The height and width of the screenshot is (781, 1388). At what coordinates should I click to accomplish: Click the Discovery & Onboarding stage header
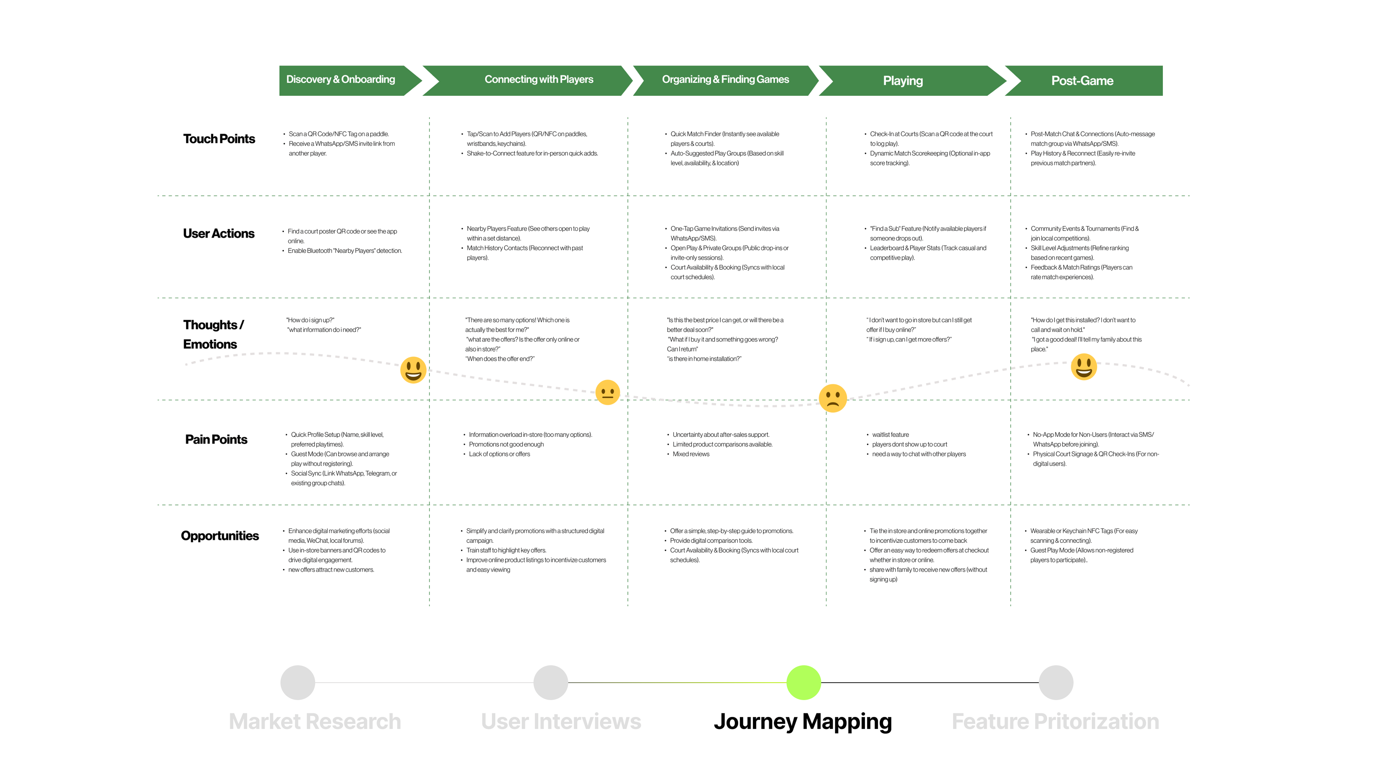click(x=340, y=80)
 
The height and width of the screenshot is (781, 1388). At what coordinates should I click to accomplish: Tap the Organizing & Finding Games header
click(x=725, y=80)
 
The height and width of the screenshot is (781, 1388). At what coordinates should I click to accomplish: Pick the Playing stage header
click(x=902, y=81)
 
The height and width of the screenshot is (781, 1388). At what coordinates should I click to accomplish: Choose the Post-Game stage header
click(x=1082, y=81)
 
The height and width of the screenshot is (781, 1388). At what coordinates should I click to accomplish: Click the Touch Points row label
click(x=219, y=139)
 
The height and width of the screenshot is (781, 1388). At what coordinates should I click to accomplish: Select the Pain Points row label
click(x=216, y=439)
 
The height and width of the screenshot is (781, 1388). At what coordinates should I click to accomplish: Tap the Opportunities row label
click(x=220, y=536)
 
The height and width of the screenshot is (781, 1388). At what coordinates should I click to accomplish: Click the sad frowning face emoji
click(x=833, y=398)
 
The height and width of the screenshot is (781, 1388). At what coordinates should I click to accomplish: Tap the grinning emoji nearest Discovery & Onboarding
click(x=413, y=370)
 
